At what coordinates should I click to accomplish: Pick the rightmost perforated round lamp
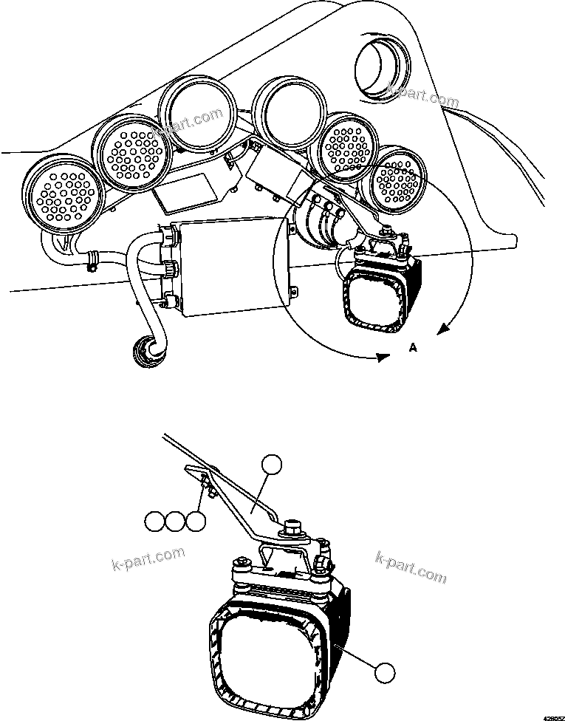pyautogui.click(x=398, y=178)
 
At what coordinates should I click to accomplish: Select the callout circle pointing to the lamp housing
pyautogui.click(x=383, y=672)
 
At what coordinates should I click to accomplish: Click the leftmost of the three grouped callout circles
pyautogui.click(x=154, y=522)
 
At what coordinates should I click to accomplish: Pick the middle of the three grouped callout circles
pyautogui.click(x=174, y=522)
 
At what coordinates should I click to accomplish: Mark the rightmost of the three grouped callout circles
pyautogui.click(x=195, y=522)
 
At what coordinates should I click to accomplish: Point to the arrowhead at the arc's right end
pyautogui.click(x=444, y=329)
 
